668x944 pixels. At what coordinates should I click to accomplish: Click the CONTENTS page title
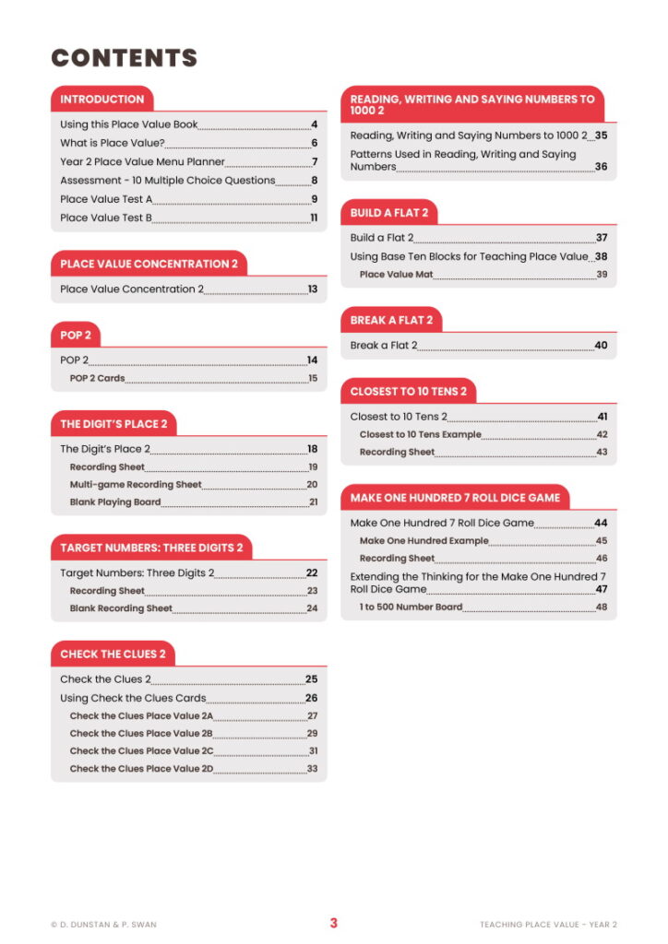(x=124, y=58)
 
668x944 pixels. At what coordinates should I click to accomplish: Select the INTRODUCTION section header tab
(x=102, y=100)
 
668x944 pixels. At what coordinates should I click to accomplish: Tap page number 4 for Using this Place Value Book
(x=314, y=124)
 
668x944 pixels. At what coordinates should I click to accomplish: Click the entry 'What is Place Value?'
(x=112, y=143)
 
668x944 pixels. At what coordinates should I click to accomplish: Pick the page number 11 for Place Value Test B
(x=314, y=218)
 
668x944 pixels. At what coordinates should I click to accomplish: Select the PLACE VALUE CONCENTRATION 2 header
(x=149, y=264)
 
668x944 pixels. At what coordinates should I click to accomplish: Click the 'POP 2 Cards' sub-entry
(x=97, y=378)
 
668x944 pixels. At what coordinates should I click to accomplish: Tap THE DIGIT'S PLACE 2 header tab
(x=113, y=424)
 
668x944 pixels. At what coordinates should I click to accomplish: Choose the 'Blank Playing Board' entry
(x=115, y=502)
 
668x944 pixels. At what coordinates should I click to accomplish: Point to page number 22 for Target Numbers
(x=312, y=572)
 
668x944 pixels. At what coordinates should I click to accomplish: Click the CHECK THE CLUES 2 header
(x=113, y=654)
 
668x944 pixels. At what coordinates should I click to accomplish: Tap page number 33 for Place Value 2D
(x=313, y=768)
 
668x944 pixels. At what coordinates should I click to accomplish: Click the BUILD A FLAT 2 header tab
(x=388, y=213)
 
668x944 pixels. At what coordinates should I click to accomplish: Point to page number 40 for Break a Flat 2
(x=601, y=346)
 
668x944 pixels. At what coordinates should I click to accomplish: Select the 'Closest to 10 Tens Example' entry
(x=420, y=434)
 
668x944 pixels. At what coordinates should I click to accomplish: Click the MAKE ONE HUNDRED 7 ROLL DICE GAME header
(x=455, y=498)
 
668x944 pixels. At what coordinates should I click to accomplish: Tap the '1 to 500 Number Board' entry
(x=411, y=607)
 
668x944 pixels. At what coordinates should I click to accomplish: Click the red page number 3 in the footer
(x=334, y=923)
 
